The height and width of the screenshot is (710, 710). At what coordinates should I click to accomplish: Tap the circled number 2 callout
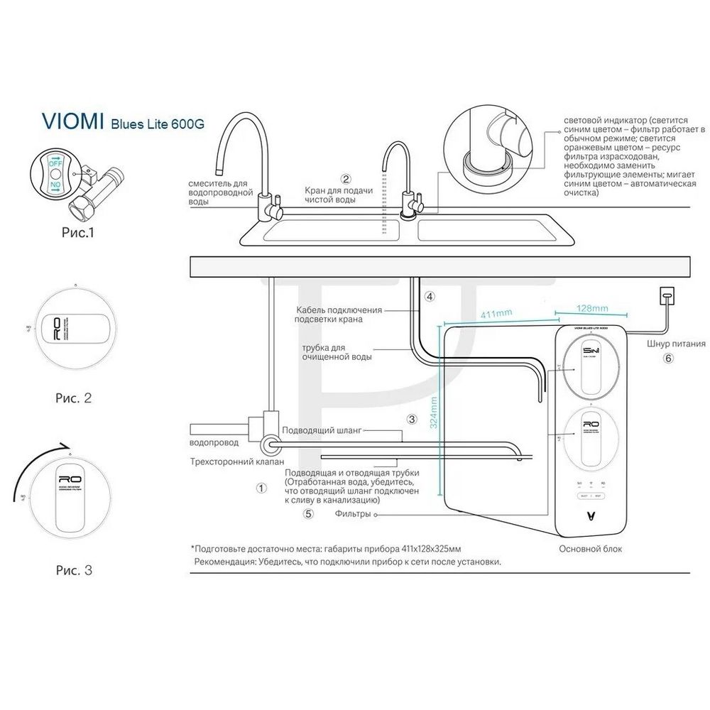pos(346,179)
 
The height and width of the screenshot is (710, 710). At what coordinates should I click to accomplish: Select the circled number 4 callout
pos(430,295)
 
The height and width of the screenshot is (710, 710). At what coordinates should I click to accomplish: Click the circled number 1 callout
pos(261,488)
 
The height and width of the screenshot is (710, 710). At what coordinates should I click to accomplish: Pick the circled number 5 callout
pos(307,515)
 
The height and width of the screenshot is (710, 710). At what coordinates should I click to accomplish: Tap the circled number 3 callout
pos(411,420)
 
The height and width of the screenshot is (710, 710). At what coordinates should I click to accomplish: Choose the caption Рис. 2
pos(73,398)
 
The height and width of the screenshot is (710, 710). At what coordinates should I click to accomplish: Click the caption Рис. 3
pos(73,569)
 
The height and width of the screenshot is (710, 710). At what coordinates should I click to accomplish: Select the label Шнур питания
pos(670,344)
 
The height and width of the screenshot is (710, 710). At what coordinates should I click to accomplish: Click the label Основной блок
pos(591,549)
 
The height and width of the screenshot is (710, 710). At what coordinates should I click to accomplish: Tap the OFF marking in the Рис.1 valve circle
pos(55,162)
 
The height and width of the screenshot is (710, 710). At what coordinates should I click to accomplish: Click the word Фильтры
pos(353,514)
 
